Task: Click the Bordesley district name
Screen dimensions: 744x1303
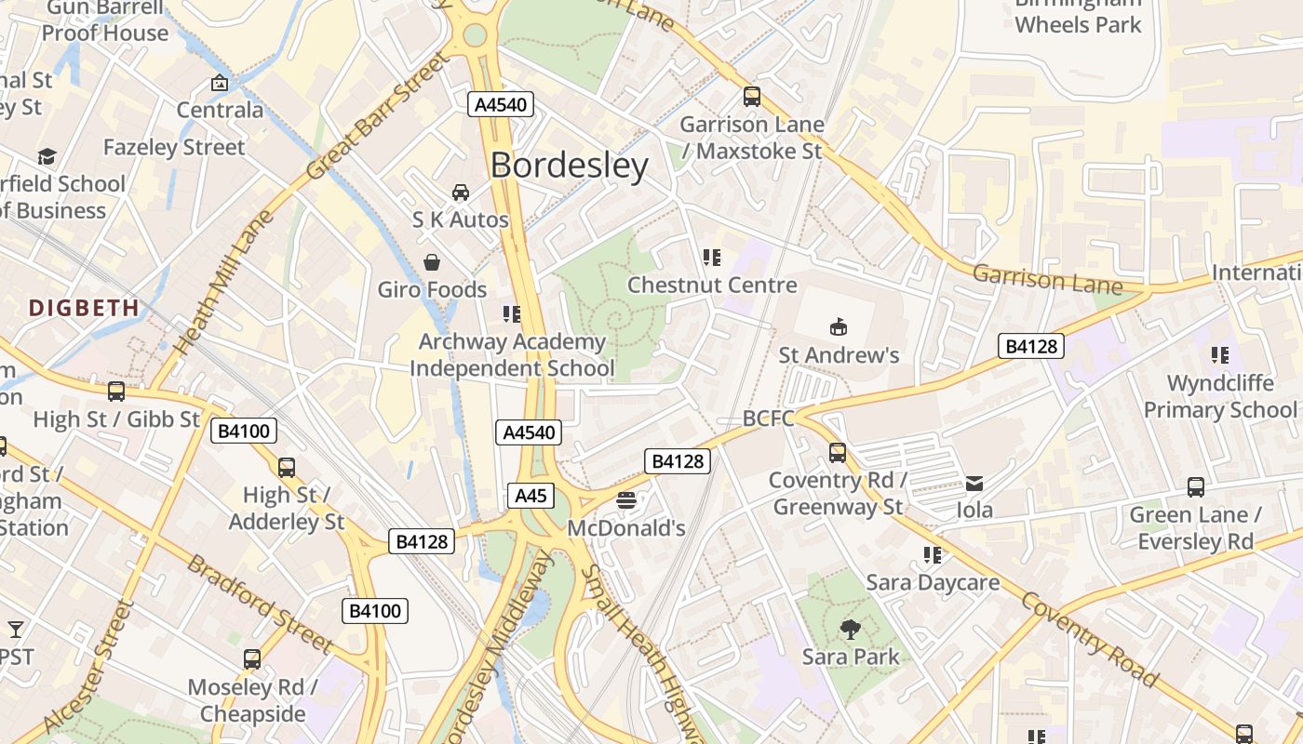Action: click(569, 166)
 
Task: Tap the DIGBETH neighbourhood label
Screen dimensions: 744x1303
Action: click(84, 307)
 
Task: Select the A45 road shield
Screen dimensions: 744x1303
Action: click(531, 496)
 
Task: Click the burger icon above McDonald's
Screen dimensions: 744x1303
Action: click(626, 501)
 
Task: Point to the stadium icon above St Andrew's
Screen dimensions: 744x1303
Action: click(839, 326)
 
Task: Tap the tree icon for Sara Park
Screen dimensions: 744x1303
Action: click(850, 630)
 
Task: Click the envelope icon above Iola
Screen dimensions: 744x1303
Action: click(974, 483)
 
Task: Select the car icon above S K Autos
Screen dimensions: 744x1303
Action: click(461, 193)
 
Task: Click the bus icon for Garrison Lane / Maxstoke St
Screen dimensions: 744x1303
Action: click(751, 96)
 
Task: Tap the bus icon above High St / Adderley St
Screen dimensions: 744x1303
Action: click(287, 467)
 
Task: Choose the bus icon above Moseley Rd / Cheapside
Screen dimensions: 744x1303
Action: click(252, 659)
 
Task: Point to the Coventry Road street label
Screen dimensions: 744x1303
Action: click(1090, 639)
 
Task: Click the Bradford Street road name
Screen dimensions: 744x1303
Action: click(260, 603)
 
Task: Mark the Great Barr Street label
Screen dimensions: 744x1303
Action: click(377, 117)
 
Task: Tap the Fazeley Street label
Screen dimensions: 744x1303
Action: click(174, 147)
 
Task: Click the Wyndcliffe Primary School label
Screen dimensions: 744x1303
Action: click(1219, 396)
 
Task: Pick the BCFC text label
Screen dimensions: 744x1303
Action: click(769, 418)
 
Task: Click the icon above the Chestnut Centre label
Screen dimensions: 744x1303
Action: click(712, 258)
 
